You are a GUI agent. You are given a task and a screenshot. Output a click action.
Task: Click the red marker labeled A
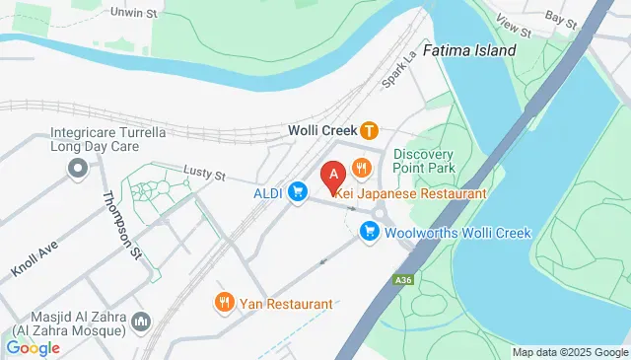point(333,176)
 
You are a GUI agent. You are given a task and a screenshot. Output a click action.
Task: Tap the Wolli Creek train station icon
point(369,129)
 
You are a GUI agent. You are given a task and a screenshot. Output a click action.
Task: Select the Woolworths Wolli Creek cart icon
point(370,232)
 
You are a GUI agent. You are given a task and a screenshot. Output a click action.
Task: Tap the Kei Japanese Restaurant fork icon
point(362,169)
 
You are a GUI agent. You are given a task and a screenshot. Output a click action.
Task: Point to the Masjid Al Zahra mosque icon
point(141,322)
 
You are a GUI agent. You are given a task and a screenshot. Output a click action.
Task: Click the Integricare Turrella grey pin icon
point(77,171)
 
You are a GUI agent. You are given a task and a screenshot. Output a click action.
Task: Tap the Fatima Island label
point(469,49)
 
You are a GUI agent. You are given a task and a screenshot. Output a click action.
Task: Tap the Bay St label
point(560,19)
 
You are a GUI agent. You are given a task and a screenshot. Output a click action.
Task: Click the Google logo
point(33,347)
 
